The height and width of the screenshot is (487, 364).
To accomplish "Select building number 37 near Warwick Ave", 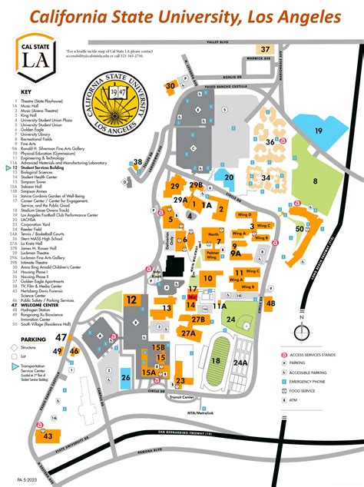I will [x=266, y=50].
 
